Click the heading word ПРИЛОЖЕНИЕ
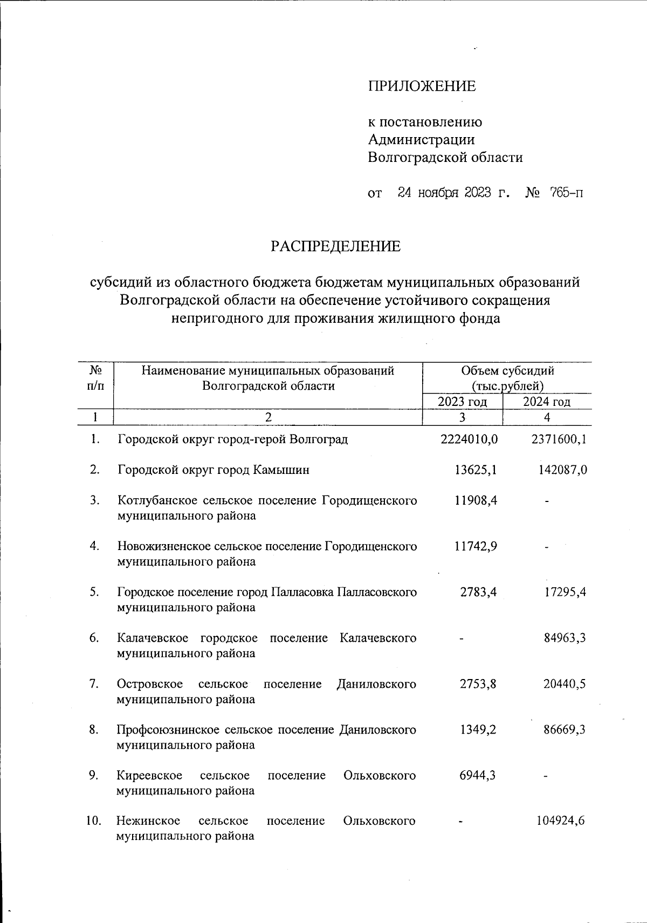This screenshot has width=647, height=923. tap(422, 86)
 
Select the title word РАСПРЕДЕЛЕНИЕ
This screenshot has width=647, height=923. tap(335, 247)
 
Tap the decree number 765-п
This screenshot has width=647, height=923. tap(566, 193)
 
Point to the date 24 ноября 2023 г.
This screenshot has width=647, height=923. tap(453, 193)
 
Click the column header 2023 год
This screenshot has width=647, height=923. tap(462, 402)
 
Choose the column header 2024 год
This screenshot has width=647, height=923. tap(547, 402)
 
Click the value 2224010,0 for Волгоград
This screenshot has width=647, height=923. tap(469, 439)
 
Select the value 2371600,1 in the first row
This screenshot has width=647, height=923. tap(559, 439)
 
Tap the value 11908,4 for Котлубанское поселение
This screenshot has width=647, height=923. tap(475, 500)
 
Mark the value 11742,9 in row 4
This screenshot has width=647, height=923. tap(475, 546)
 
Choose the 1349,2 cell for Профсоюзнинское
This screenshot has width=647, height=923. tap(478, 730)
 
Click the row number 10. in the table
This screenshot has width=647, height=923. tap(94, 821)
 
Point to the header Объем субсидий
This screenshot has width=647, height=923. tap(507, 371)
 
